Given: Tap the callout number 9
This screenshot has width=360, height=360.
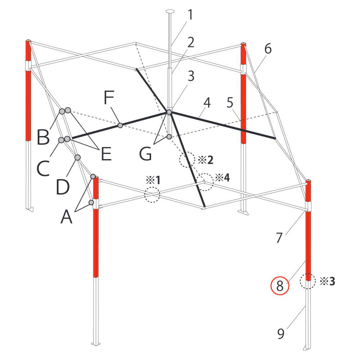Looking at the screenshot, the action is pos(281,334).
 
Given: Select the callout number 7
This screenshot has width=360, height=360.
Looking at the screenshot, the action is pos(279,238).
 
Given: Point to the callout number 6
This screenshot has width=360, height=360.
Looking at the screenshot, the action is pos(268,49).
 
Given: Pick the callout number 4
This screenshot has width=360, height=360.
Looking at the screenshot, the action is pos(207,103).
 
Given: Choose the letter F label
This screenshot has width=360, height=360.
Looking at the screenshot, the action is pos(109,97).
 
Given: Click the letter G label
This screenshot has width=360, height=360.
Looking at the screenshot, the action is pos(145,153).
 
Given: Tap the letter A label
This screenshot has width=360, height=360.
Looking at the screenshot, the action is pos(66,217).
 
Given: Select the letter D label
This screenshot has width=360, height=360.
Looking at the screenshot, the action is pos(63,187).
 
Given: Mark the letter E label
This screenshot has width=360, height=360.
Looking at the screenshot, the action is pos(106,154).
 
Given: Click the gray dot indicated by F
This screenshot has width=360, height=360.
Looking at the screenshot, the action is pos(120,125).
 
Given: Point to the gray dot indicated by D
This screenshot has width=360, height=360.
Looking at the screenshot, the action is pos(78,158).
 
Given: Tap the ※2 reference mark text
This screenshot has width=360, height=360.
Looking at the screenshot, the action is pos(206,160).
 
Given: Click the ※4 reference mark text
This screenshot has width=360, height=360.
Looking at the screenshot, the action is pos(222,177).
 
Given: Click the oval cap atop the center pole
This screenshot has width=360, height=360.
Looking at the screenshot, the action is pos(170,11).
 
